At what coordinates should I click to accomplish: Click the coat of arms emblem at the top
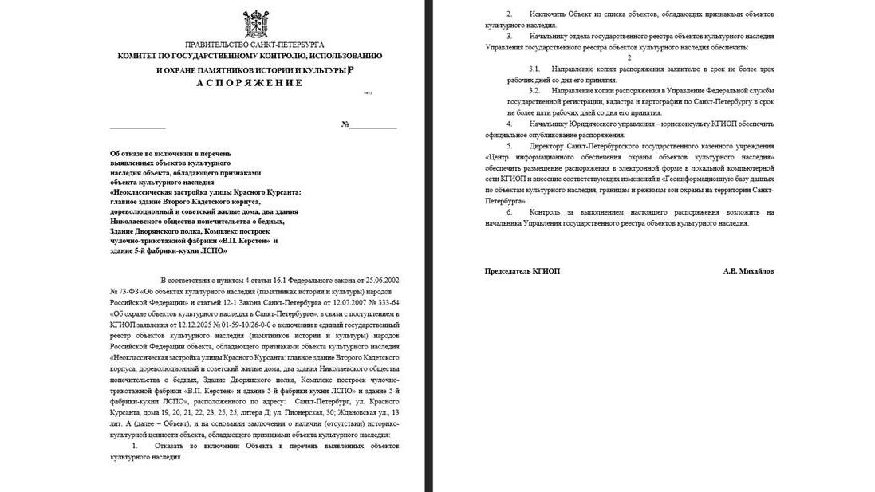coord(255,24)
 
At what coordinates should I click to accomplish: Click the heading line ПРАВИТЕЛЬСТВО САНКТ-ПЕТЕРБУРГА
coord(254,45)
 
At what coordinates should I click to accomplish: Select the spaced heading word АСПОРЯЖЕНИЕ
coord(250,83)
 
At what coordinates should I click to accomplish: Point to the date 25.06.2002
coord(380,281)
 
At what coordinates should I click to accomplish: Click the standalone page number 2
coord(629,57)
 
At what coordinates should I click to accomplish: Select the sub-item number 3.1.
coord(534,69)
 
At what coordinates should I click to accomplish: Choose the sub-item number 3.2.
coord(534,90)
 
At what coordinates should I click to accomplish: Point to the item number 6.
coord(509,212)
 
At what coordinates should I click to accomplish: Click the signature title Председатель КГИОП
coord(522,271)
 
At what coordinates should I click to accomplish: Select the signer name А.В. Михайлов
coord(748,271)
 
